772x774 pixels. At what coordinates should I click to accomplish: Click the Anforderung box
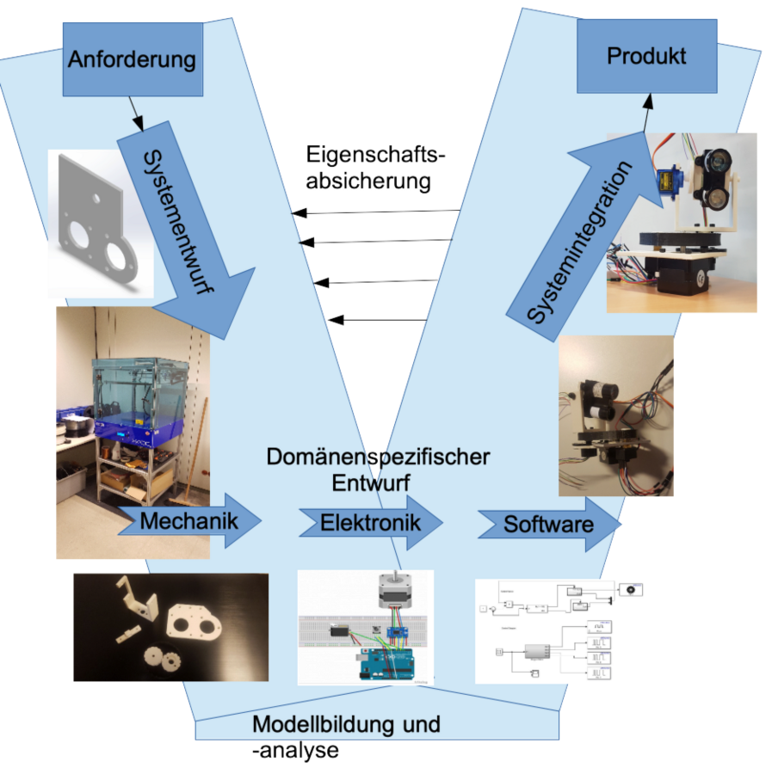pos(132,60)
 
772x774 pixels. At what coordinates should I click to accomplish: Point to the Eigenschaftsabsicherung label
pos(376,169)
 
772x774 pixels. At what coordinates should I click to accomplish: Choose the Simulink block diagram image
pos(559,631)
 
